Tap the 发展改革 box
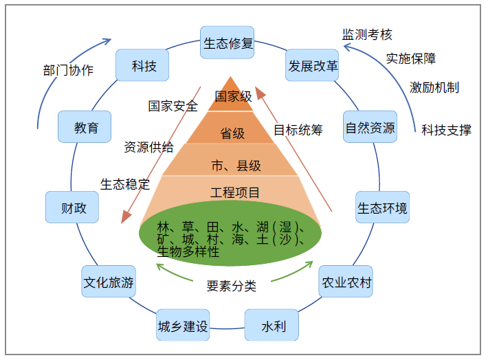(x=313, y=66)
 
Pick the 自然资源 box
(x=370, y=127)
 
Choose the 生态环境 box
(x=382, y=207)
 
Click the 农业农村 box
(x=346, y=282)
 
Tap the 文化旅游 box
(x=109, y=282)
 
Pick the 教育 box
(x=87, y=127)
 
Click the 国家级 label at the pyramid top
(x=233, y=97)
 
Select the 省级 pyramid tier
(x=232, y=133)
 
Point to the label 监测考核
(x=367, y=34)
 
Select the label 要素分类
(x=232, y=286)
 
